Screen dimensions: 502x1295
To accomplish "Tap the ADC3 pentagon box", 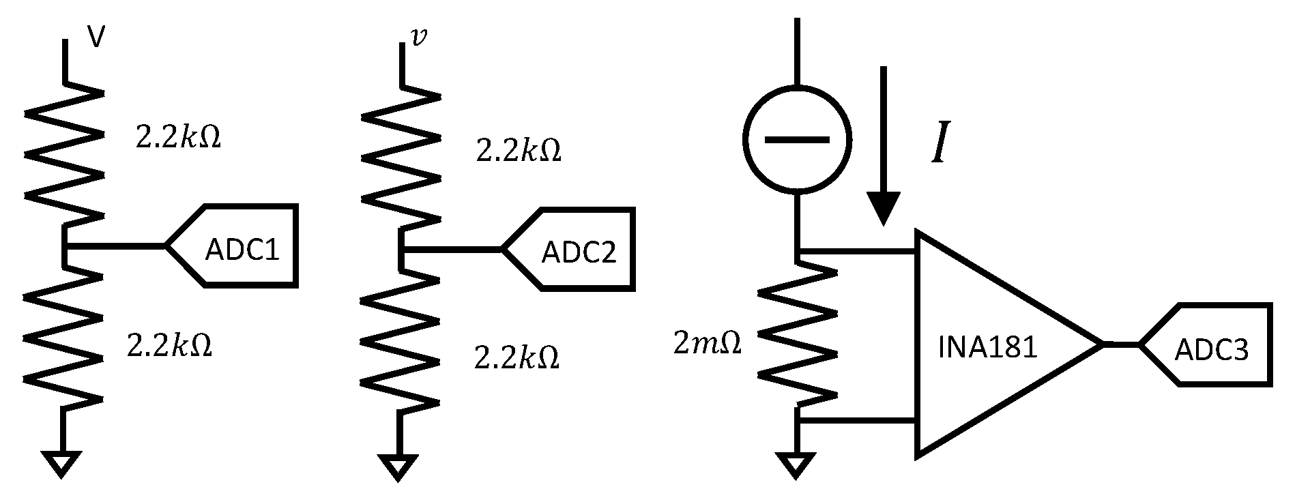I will coord(1211,346).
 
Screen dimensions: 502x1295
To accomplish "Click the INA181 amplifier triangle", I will coord(989,344).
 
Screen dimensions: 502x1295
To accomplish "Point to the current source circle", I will coord(797,140).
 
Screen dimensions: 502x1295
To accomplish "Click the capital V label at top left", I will coord(96,38).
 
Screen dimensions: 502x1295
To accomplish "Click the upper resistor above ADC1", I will coord(64,153).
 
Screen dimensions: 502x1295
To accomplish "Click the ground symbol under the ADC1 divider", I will coord(63,463).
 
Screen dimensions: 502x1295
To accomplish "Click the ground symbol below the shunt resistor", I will coord(796,464).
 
